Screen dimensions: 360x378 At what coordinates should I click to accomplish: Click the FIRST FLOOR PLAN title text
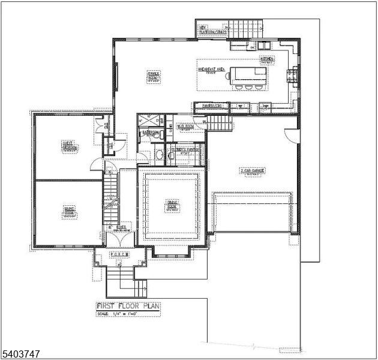click(128, 306)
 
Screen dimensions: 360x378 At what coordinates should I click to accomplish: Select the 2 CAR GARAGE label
click(253, 171)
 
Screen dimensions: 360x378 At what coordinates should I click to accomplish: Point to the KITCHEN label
click(266, 60)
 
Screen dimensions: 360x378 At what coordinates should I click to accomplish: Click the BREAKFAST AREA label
click(211, 70)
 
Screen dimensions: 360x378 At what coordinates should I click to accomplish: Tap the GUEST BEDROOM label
click(70, 146)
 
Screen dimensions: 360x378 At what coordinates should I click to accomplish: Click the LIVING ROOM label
click(69, 211)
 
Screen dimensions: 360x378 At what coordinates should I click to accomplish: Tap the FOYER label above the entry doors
click(122, 228)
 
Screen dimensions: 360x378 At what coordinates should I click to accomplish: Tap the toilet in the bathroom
click(158, 155)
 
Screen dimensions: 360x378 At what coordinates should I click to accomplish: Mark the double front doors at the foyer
click(120, 238)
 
